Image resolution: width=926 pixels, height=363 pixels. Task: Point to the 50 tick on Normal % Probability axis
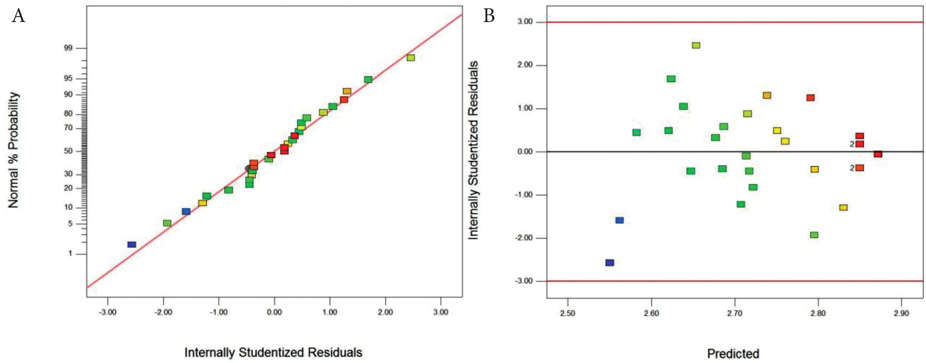68,151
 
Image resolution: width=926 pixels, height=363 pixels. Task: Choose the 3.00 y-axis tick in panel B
525,22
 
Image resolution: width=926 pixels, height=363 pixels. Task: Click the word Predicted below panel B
733,354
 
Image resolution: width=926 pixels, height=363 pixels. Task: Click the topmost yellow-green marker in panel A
410,58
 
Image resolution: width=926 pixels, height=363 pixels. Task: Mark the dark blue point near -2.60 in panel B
610,263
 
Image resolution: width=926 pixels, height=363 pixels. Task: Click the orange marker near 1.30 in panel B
767,95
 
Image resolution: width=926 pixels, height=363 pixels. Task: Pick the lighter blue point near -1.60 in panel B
619,220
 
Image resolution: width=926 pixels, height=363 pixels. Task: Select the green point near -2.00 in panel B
814,235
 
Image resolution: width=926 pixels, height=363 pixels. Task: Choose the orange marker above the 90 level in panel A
347,91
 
